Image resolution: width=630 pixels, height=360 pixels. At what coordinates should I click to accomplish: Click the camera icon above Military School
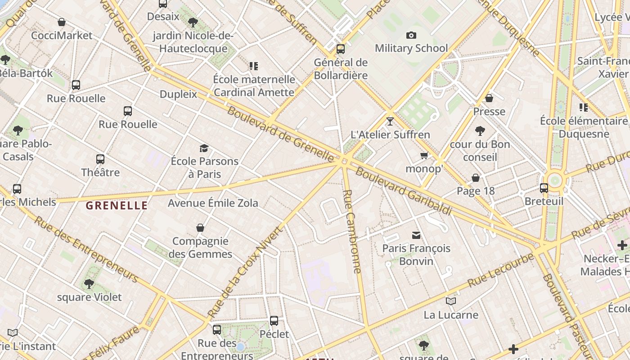[x=411, y=36]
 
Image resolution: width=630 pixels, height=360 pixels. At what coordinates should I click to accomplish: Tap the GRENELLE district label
[x=117, y=206]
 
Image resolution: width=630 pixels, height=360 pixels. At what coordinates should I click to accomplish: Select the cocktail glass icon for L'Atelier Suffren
[x=390, y=121]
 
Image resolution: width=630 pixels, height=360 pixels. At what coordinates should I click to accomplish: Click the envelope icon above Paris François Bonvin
[x=416, y=235]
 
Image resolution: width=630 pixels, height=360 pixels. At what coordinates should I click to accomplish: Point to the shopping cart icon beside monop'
[x=424, y=156]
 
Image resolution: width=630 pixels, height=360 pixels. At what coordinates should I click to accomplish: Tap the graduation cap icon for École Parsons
[x=204, y=148]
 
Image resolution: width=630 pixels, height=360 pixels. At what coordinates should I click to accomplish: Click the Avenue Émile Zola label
[x=213, y=203]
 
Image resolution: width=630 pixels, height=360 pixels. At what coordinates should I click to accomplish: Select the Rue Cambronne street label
[x=352, y=231]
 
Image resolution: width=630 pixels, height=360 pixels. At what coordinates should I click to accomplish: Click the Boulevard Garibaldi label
[x=403, y=191]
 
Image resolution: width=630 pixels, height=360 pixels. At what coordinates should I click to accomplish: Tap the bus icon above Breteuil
[x=544, y=188]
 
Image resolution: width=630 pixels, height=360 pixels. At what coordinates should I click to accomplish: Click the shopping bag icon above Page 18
[x=476, y=178]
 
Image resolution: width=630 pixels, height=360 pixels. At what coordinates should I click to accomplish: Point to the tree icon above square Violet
[x=89, y=283]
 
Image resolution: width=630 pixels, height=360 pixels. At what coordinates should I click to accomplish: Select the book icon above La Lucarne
[x=450, y=301]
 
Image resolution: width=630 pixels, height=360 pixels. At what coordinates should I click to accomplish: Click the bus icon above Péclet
[x=274, y=321]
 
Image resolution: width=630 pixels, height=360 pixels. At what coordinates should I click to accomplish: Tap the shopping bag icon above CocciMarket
[x=62, y=22]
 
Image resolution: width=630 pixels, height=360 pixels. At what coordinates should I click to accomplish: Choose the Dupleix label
[x=178, y=94]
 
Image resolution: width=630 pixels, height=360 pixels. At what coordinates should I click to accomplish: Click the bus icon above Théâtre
[x=100, y=159]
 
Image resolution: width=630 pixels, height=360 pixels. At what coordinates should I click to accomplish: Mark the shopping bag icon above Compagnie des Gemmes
[x=200, y=228]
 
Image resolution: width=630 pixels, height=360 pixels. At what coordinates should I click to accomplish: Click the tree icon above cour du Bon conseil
[x=480, y=131]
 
